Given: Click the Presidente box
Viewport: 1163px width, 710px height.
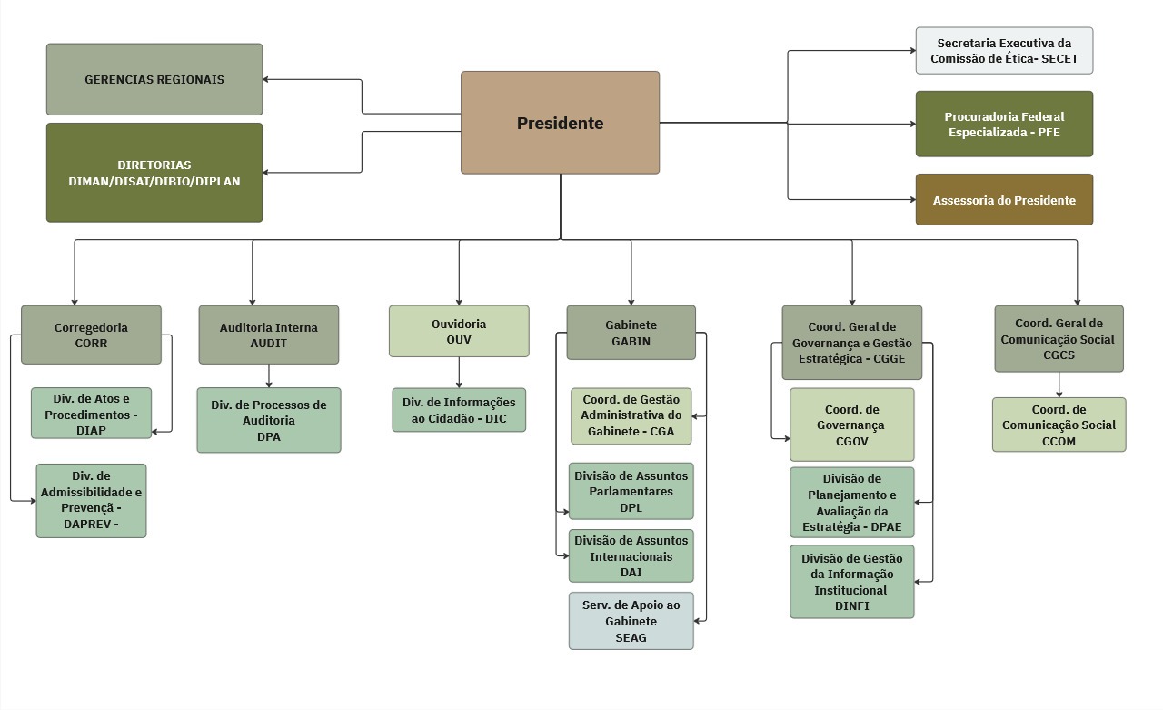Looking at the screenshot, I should [560, 123].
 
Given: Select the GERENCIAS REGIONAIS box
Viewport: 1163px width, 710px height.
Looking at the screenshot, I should [154, 79].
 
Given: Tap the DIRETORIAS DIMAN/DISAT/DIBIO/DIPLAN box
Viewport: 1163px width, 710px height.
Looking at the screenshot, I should [154, 173].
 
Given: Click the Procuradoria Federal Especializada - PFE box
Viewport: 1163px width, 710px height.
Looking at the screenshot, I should [1004, 124].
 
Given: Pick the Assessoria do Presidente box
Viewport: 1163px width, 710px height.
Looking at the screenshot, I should [1004, 200].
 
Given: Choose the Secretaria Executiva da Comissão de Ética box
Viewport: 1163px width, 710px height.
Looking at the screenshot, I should [1004, 51].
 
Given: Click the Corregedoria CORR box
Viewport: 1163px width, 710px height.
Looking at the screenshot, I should [91, 335].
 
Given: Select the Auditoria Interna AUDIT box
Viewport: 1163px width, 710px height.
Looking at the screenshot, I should [269, 335].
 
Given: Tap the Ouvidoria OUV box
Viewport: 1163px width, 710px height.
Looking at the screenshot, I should [459, 331].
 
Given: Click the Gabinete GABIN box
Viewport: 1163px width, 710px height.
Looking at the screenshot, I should [631, 333].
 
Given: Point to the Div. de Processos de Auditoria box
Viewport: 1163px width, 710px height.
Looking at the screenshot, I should [269, 420].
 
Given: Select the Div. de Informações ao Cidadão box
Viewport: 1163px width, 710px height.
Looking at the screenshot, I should [459, 410].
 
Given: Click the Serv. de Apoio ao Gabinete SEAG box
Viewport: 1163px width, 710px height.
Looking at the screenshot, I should [631, 621].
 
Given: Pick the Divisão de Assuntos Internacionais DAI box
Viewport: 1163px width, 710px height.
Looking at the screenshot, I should [631, 555].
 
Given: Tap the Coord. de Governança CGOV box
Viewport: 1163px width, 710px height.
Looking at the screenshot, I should [852, 425].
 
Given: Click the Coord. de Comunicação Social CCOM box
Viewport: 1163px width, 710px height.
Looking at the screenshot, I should [1059, 425].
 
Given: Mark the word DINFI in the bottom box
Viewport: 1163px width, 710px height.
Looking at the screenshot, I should [852, 605].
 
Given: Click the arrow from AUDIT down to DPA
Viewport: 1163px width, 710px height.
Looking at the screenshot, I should [269, 375].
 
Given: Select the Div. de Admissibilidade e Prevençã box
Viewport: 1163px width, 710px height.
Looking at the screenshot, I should [91, 500].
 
